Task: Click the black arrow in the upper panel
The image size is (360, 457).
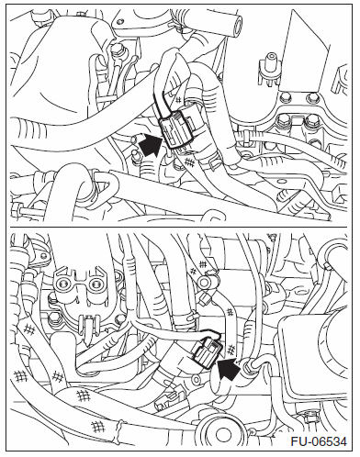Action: point(151,145)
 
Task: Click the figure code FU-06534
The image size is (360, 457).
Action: point(319,441)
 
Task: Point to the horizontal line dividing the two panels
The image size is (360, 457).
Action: point(179,227)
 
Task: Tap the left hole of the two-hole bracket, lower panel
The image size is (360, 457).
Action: point(64,284)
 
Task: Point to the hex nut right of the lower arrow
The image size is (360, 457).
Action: point(247,366)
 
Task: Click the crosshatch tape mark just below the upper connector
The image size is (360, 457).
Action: point(190,162)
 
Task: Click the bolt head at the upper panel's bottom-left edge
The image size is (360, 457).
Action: point(17,210)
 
